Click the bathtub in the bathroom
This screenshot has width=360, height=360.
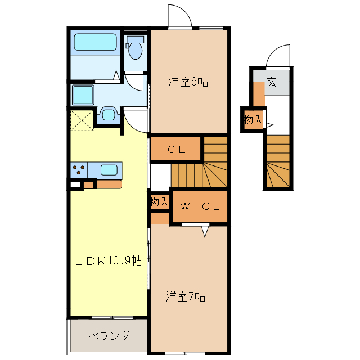click(95, 43)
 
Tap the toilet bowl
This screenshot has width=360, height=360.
click(135, 50)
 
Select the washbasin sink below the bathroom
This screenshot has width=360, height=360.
click(108, 115)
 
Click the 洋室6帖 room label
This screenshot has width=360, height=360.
click(188, 82)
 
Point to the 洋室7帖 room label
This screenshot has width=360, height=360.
click(185, 296)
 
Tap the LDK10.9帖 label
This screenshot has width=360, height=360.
click(108, 261)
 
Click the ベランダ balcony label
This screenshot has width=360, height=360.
click(109, 336)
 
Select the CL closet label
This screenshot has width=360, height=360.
click(176, 150)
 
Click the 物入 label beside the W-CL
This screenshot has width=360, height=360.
click(159, 201)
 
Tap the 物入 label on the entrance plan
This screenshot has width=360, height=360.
click(253, 119)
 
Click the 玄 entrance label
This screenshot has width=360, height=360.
click(272, 82)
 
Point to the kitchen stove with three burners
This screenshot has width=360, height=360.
click(79, 169)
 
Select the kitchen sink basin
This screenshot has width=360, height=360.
click(109, 169)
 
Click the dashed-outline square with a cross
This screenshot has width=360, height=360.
click(82, 120)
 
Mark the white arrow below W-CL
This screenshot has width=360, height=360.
click(205, 230)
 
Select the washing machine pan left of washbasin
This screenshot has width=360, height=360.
click(83, 95)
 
